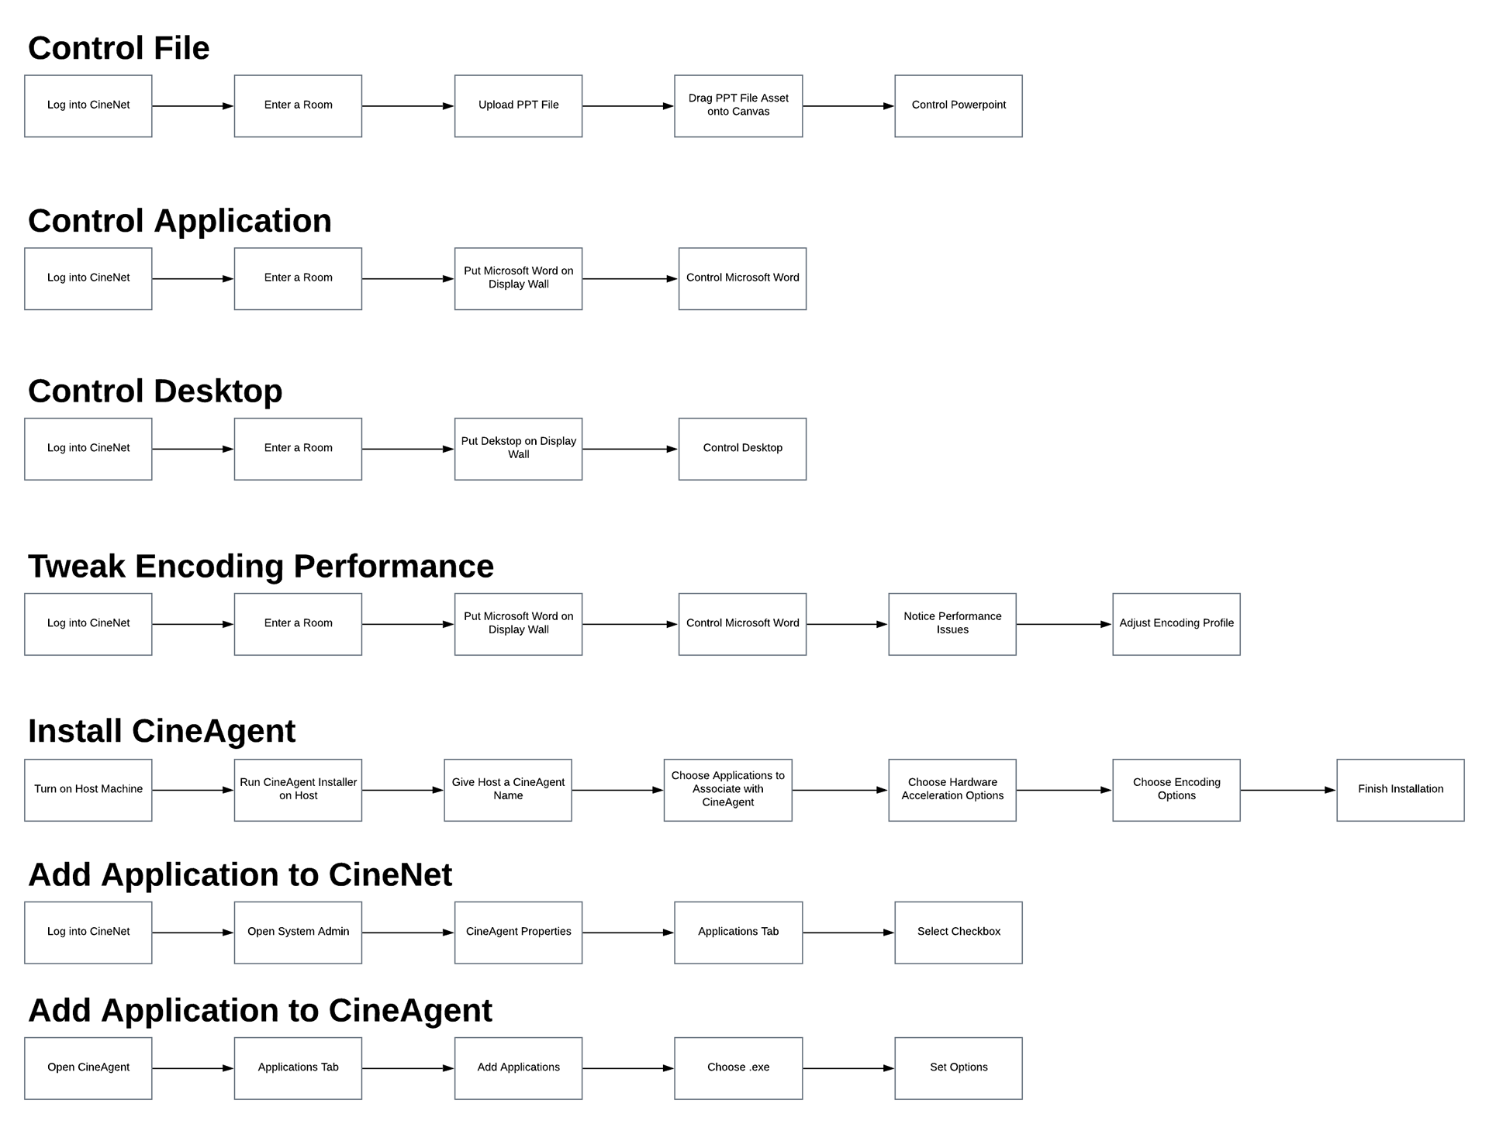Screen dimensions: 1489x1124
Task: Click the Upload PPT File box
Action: click(518, 106)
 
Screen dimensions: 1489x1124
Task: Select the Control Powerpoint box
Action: click(959, 106)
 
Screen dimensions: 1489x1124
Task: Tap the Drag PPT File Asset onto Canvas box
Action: click(738, 106)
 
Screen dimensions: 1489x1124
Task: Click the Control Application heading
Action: click(180, 222)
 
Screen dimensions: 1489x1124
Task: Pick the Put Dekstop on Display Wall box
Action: click(518, 449)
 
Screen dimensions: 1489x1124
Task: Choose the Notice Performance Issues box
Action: click(952, 624)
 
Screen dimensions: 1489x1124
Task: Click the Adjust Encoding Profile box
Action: click(1176, 624)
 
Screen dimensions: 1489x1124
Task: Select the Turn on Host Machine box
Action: click(88, 790)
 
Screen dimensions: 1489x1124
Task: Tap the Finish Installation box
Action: click(1401, 790)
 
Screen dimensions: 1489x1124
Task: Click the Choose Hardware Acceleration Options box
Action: click(952, 790)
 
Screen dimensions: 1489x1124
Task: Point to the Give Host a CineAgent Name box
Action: click(508, 790)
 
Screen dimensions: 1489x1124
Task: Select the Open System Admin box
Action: click(298, 933)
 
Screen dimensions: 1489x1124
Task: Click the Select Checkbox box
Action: click(959, 933)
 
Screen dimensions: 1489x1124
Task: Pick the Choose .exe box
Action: click(738, 1068)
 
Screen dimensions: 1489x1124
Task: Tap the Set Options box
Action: click(959, 1068)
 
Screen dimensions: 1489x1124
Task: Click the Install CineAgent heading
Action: click(162, 731)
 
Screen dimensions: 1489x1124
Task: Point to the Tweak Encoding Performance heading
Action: click(261, 567)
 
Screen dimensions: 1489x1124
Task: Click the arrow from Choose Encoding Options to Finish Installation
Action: click(1289, 790)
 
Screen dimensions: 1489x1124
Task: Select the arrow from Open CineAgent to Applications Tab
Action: click(193, 1068)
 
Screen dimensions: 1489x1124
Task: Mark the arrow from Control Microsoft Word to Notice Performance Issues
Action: click(848, 624)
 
